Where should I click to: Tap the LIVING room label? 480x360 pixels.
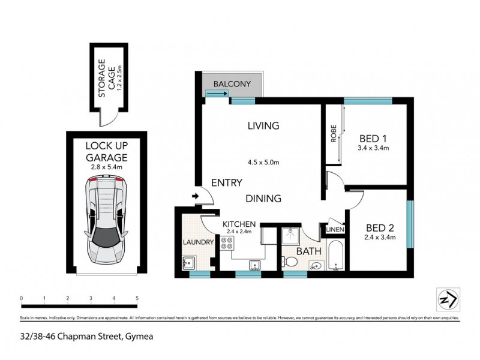tap(263, 126)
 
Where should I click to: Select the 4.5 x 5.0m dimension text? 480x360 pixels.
tap(263, 161)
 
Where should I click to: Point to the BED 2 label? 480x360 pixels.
tap(380, 228)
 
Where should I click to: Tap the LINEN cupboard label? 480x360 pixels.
tap(334, 229)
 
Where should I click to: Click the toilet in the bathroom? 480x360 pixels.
tap(292, 262)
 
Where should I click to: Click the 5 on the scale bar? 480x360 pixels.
tap(137, 298)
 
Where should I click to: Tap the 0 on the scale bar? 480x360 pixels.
tap(21, 298)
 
